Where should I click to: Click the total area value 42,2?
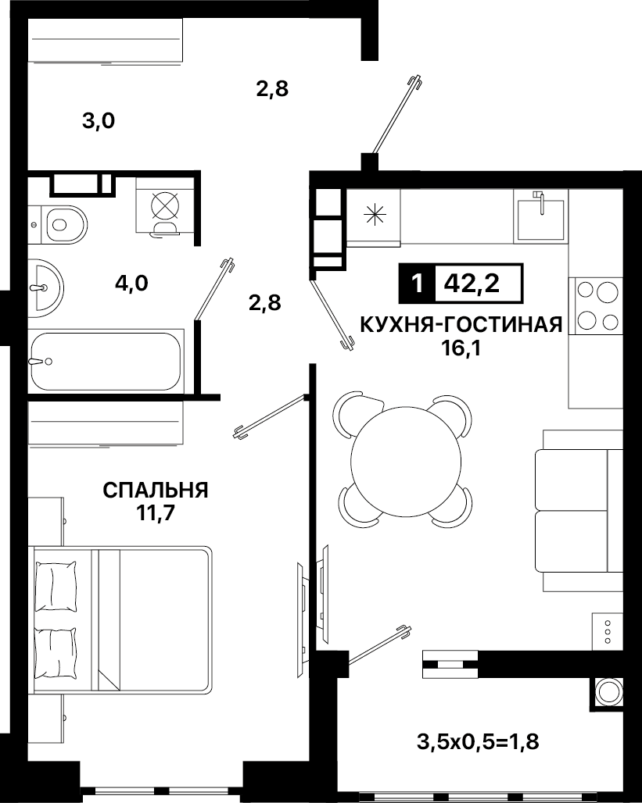coord(472,283)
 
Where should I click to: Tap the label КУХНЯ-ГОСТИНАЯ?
coord(461,325)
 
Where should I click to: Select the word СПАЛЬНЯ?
coord(156,490)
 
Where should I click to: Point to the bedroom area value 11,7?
coord(156,513)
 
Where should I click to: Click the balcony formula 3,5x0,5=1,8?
coord(478,741)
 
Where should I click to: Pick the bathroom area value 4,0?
coord(132,284)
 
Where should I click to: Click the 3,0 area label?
coord(98,121)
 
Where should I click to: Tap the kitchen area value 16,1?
coord(461,348)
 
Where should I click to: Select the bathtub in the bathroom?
coord(106,361)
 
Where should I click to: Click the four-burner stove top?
coord(597,305)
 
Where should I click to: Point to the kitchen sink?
coord(540,217)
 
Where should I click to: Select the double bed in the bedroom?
coord(122,619)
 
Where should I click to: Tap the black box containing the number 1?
coord(417,283)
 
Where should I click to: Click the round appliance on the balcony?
coord(608,692)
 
